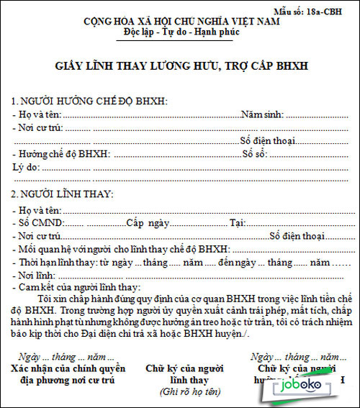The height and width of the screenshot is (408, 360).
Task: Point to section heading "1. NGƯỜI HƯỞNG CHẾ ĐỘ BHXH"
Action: (x=90, y=101)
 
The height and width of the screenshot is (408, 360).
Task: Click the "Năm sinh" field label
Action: (x=262, y=114)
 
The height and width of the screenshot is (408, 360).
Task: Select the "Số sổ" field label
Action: (x=256, y=153)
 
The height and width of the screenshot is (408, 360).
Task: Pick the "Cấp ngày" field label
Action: (x=148, y=223)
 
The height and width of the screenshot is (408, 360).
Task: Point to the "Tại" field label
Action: (x=238, y=223)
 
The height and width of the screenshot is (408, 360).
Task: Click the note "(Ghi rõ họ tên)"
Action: (x=189, y=392)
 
